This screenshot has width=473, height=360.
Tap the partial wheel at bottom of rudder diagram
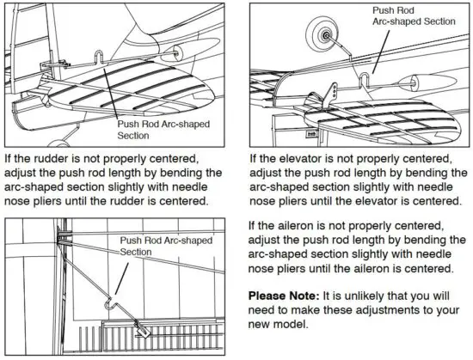coord(56,141)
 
